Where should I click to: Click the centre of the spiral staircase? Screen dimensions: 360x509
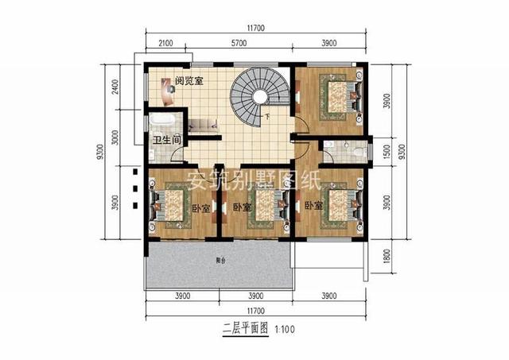click(259, 98)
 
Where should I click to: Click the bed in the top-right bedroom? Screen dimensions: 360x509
click(339, 94)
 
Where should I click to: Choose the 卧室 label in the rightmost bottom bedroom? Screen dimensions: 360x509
click(313, 205)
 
